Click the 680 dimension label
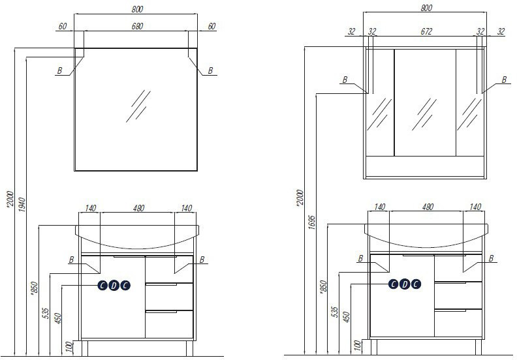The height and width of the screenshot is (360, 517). click(x=137, y=26)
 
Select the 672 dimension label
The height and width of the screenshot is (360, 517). click(x=426, y=31)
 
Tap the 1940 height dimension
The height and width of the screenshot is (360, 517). click(x=22, y=205)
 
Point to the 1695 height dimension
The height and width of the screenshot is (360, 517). click(x=312, y=222)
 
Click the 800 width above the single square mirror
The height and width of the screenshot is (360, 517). click(x=137, y=9)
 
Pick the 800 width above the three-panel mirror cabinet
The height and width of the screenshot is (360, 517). click(x=426, y=8)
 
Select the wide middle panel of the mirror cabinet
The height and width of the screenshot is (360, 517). click(x=425, y=102)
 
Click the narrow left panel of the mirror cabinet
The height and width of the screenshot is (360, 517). click(x=380, y=102)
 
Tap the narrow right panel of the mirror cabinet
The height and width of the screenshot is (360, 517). click(x=470, y=102)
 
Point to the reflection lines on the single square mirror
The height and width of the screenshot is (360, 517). click(x=138, y=106)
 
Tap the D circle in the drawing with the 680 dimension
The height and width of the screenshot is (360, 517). click(x=114, y=286)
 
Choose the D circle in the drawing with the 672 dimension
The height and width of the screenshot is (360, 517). click(x=405, y=284)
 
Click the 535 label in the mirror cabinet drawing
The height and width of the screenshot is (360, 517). click(x=334, y=312)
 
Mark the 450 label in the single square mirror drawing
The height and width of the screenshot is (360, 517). click(x=57, y=318)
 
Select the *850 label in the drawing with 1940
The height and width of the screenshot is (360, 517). click(x=35, y=288)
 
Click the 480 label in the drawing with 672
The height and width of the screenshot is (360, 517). click(x=428, y=207)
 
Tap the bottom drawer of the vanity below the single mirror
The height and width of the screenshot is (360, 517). click(x=169, y=324)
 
